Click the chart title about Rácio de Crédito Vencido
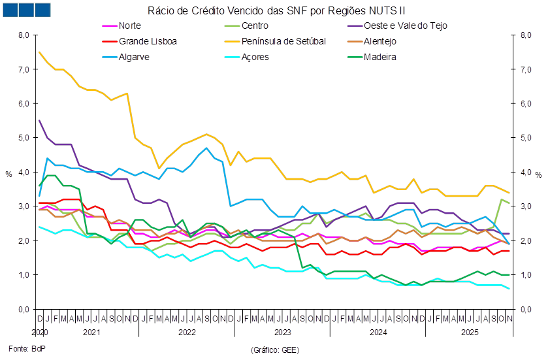point(277,10)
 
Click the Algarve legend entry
point(135,57)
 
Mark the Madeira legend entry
point(379,57)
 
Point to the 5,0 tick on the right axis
point(526,138)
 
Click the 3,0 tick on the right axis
point(526,206)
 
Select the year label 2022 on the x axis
point(187,333)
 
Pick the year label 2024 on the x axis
point(378,333)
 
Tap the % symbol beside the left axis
point(8,174)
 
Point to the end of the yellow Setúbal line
point(509,193)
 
